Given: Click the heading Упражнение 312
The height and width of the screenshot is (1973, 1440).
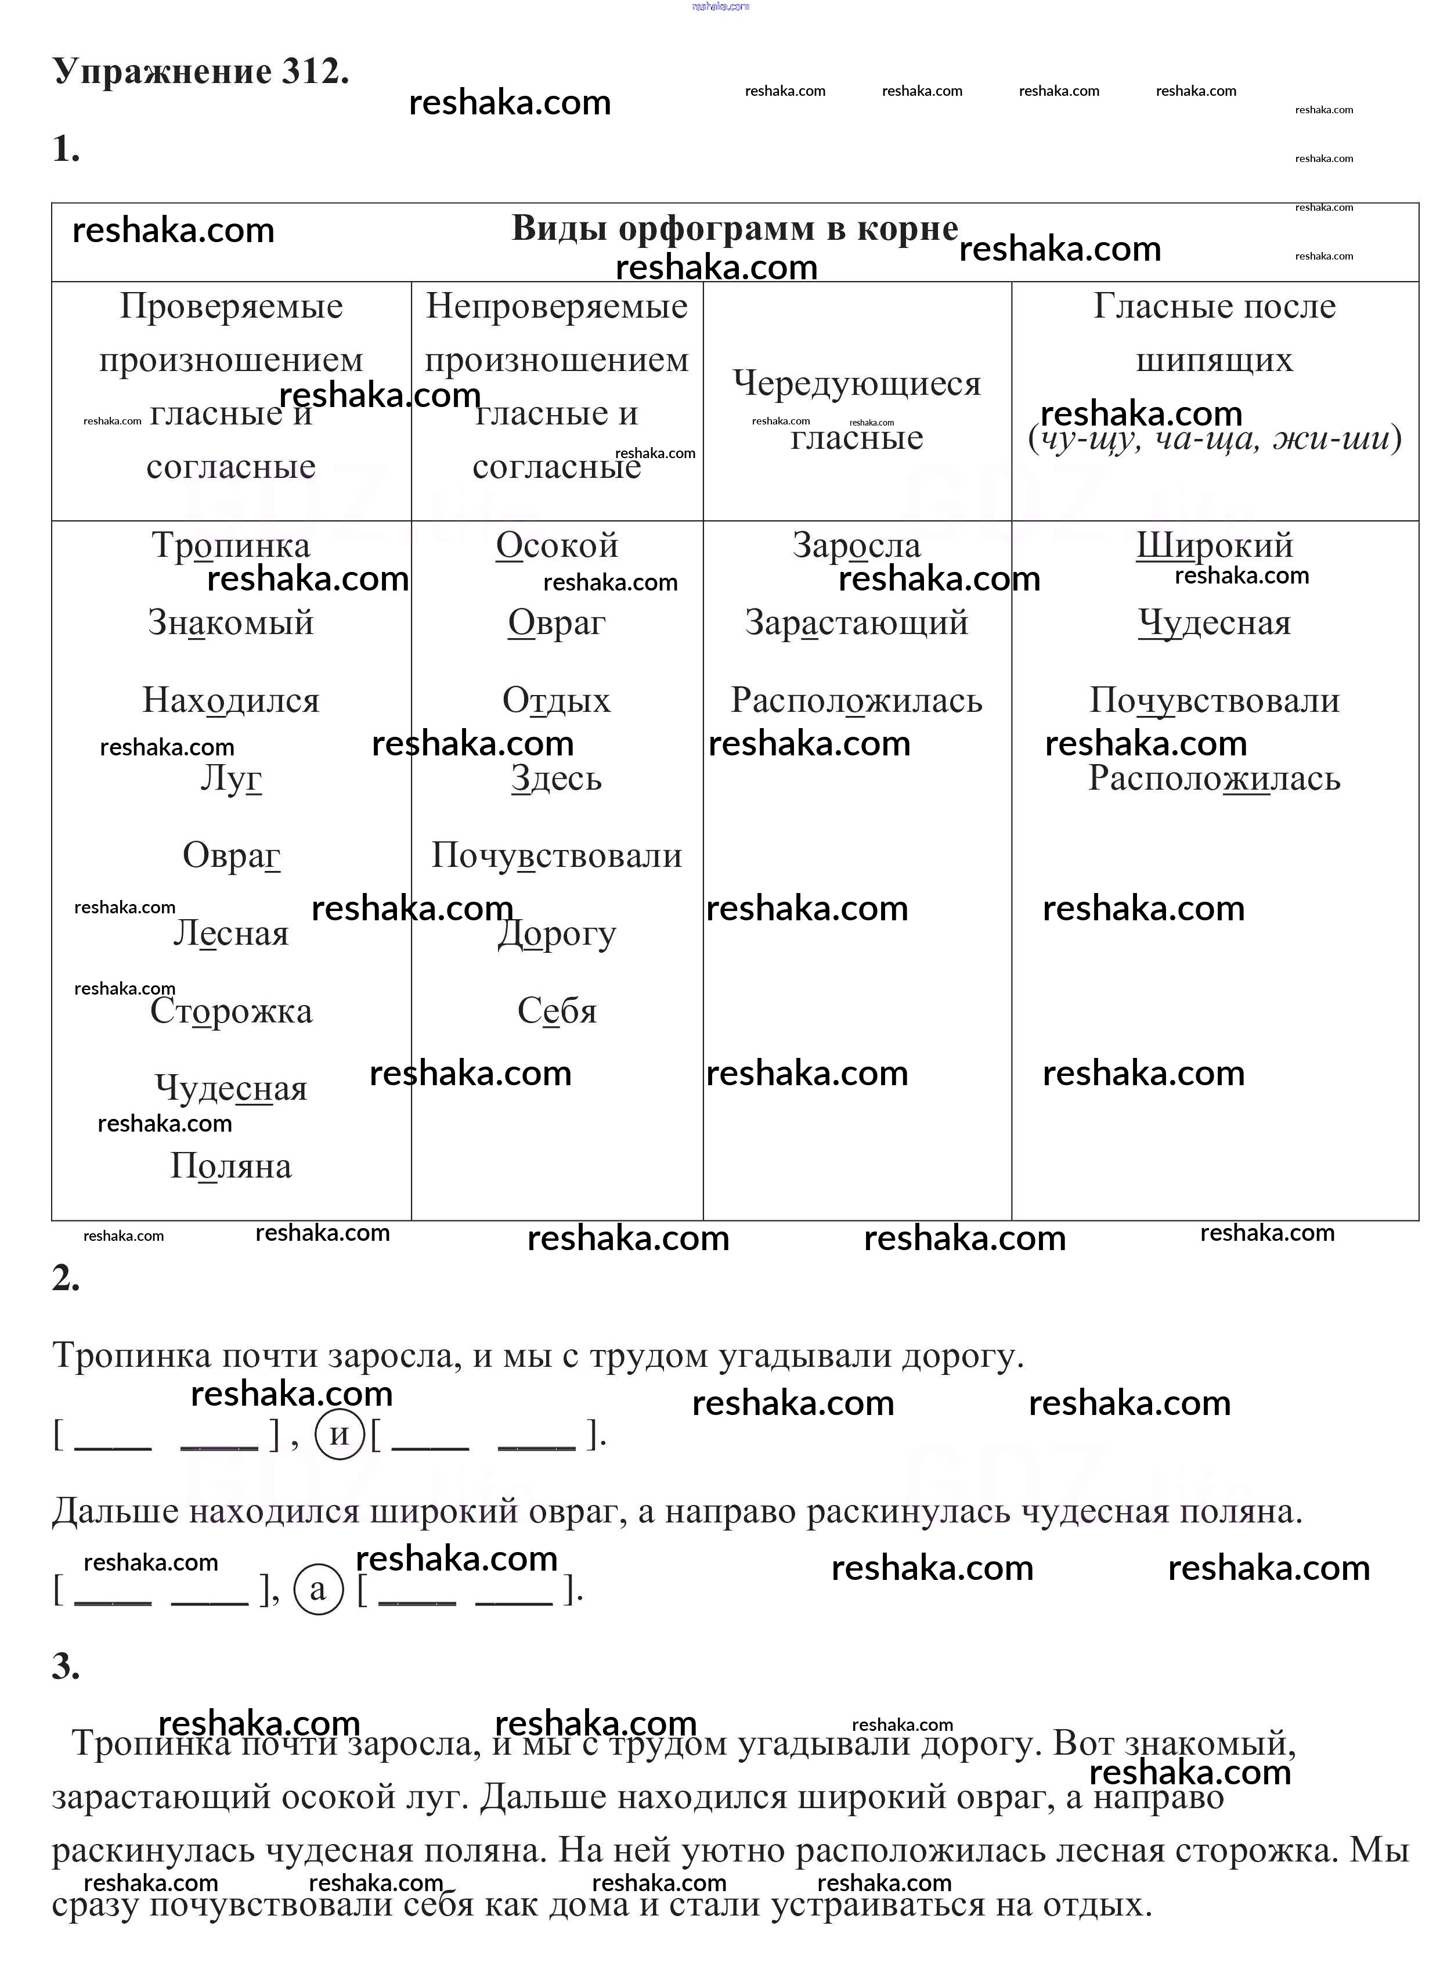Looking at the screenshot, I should point(200,71).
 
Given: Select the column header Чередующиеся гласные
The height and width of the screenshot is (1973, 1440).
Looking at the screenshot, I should point(857,410).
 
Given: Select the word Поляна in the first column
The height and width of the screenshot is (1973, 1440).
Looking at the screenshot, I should point(231,1166).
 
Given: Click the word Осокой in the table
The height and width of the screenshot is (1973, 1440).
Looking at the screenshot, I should point(557,546).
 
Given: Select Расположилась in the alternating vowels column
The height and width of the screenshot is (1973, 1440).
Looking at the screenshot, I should point(857,701).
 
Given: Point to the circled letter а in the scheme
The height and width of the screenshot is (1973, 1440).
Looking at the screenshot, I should point(318,1589).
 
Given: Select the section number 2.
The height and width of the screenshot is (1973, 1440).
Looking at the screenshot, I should point(66,1278).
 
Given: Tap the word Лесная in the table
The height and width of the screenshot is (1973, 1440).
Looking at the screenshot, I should point(231,934).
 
